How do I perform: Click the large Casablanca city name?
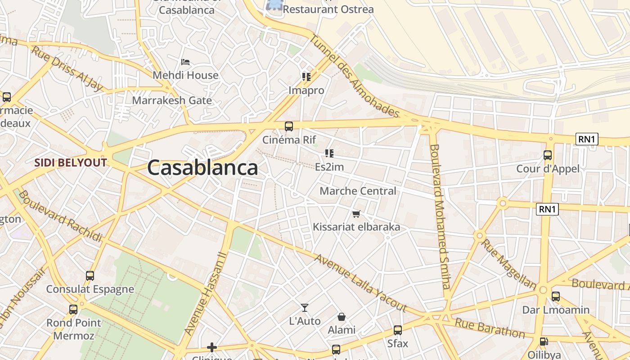point(202,168)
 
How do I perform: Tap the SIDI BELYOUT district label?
point(71,162)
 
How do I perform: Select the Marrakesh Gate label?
point(172,100)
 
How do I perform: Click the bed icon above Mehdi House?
point(185,62)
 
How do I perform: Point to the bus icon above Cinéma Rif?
point(289,126)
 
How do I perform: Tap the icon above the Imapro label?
point(306,77)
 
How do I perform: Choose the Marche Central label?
point(358,191)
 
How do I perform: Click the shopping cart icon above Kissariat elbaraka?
point(356,214)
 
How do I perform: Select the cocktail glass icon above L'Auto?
point(305,308)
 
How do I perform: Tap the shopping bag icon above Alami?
point(342,317)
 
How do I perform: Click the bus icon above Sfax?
point(398,330)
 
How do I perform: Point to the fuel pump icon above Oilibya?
point(544,342)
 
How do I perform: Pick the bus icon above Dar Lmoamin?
point(556,297)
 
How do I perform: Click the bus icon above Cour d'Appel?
point(548,155)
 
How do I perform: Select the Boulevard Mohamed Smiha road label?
point(440,216)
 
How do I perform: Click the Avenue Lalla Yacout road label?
point(360,283)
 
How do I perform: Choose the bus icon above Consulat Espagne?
point(90,276)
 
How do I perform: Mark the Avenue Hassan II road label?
point(205,293)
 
